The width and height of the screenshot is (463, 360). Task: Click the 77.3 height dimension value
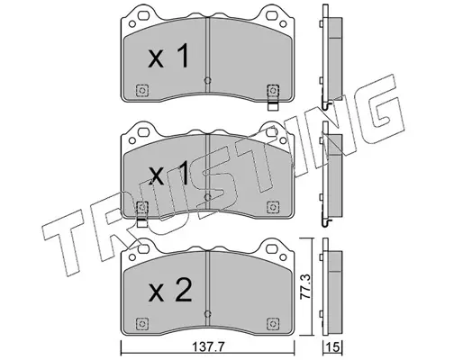pos(305,286)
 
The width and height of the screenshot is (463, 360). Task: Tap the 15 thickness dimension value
pos(333,347)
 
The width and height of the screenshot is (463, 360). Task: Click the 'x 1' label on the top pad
pos(168,56)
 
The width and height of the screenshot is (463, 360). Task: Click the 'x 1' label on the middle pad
pos(169,173)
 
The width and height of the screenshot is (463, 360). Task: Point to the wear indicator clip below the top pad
pos(273,106)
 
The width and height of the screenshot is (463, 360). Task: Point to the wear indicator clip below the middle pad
pos(142,223)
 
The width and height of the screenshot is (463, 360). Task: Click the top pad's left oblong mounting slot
pos(144,14)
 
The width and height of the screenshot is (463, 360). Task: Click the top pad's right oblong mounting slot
pos(271,14)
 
